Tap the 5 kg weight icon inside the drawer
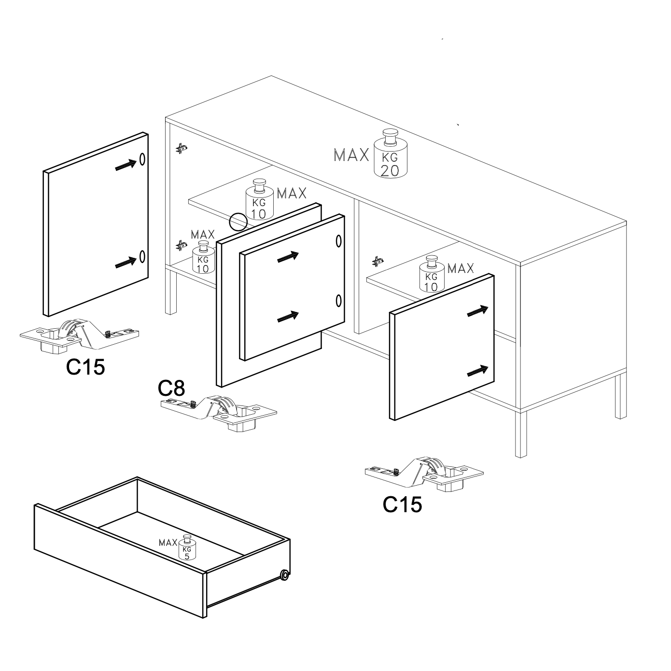(x=187, y=547)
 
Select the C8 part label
(x=171, y=388)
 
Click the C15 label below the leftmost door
(x=85, y=367)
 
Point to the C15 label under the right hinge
(x=402, y=504)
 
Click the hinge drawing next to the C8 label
(x=219, y=413)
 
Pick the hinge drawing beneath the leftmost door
(x=79, y=335)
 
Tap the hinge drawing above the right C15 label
(x=424, y=474)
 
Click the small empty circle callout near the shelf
(x=238, y=222)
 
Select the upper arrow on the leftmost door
(x=126, y=165)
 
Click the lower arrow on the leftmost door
(x=126, y=263)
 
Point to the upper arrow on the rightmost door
(x=478, y=311)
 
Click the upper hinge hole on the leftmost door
(x=142, y=159)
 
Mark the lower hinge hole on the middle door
(x=338, y=301)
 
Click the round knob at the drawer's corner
(x=284, y=575)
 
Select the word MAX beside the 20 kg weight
(x=351, y=155)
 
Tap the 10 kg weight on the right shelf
(x=432, y=274)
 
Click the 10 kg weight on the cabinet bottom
(x=203, y=257)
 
